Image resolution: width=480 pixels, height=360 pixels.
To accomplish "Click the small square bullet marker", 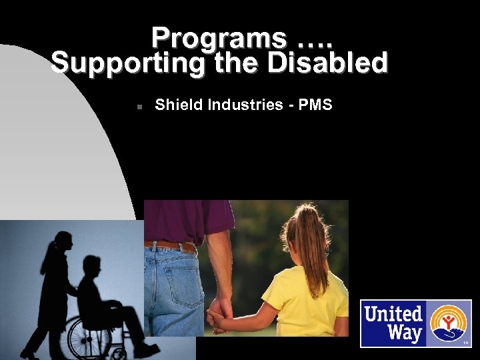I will [x=135, y=106].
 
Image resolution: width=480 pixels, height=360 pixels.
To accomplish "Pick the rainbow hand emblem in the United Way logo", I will [x=450, y=323].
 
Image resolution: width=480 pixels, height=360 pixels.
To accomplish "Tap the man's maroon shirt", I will [x=193, y=220].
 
